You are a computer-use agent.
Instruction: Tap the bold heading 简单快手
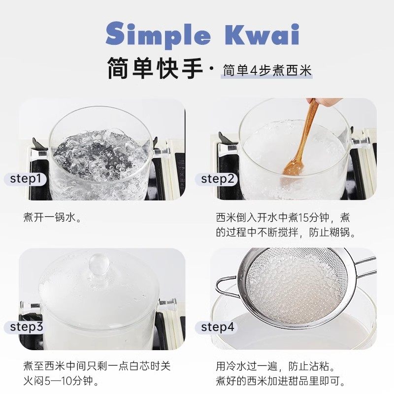155,67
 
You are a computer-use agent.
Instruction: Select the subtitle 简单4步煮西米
267,70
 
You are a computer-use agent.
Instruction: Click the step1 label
26,178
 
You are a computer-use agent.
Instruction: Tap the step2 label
217,178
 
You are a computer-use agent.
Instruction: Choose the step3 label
27,327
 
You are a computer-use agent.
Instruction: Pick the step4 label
217,327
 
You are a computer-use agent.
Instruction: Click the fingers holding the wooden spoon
328,101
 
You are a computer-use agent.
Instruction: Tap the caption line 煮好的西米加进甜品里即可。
281,381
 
